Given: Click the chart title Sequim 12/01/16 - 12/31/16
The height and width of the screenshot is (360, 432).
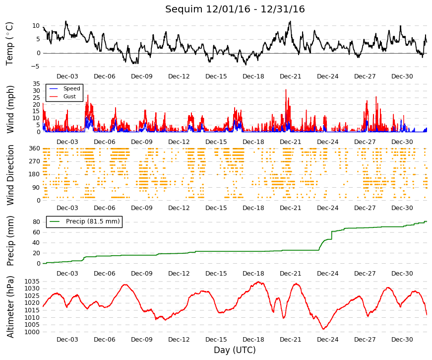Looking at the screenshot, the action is point(235,9).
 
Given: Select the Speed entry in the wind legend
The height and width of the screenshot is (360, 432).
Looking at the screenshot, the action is point(71,88).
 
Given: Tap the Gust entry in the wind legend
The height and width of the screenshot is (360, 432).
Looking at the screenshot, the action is point(69,96).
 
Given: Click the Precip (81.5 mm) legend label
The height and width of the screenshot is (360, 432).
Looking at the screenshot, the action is point(93,221).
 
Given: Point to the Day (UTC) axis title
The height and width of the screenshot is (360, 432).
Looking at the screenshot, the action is point(235,350).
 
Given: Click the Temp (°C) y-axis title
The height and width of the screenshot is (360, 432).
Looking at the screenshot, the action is point(9,44).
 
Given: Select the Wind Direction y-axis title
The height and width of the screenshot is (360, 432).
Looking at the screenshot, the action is point(10,175).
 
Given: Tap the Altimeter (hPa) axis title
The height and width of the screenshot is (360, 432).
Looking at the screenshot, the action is point(10,306).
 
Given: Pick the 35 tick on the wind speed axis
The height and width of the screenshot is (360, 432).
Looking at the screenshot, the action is point(37,84).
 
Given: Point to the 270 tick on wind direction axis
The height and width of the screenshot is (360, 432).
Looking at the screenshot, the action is point(35,161).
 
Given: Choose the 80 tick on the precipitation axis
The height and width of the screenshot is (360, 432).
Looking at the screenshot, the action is point(37,222).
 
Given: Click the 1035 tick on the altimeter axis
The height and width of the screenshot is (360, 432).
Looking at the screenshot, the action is point(32,282).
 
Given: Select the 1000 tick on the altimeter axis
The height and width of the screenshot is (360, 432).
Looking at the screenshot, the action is point(32,332).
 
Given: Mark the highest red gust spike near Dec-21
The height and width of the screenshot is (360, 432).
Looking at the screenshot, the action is point(286,90).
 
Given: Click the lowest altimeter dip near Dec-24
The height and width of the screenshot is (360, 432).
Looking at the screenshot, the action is point(323,329).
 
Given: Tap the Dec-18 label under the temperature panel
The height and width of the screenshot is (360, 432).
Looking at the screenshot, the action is point(253,76).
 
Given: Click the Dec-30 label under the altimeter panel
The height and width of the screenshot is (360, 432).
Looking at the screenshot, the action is point(402,340).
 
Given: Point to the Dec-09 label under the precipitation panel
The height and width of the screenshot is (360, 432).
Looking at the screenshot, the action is point(142,274).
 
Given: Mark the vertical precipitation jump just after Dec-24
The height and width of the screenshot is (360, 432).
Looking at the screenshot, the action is point(331,235).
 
